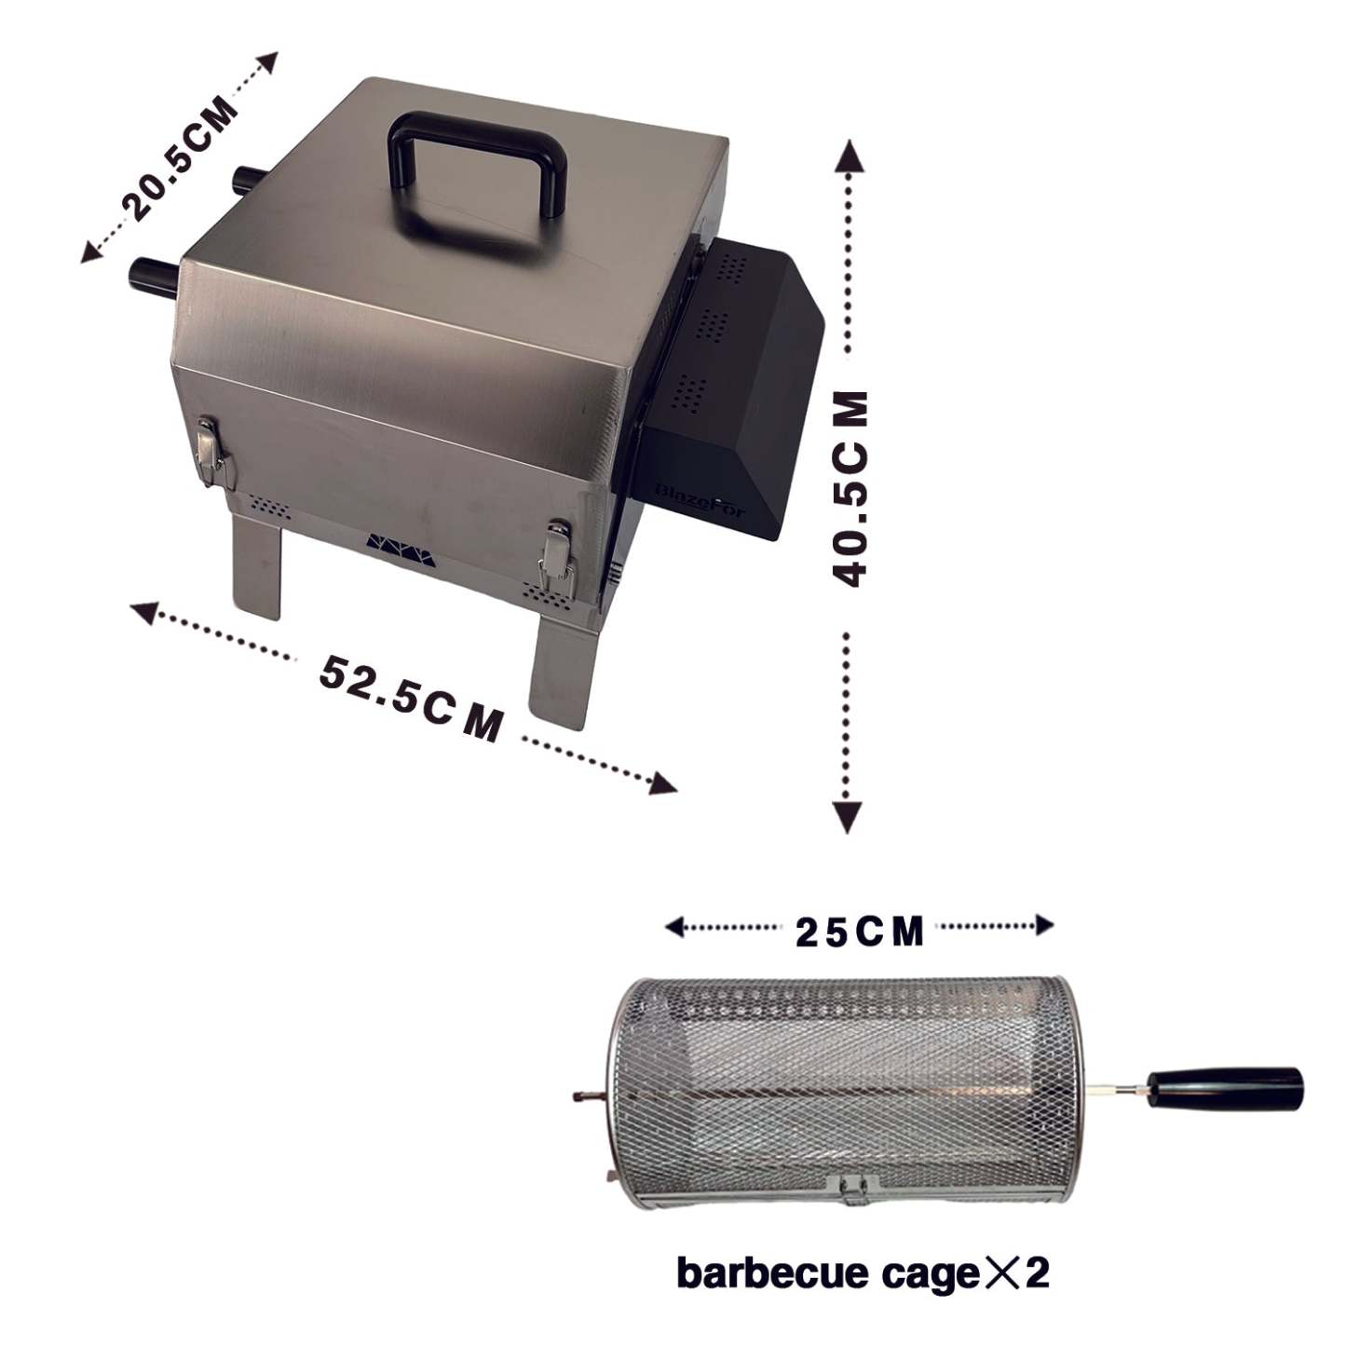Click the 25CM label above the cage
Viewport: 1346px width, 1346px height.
click(860, 931)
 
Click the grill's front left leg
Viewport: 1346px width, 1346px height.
click(257, 566)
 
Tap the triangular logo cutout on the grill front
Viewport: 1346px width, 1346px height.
click(399, 546)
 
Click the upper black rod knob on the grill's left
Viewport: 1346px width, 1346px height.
click(251, 180)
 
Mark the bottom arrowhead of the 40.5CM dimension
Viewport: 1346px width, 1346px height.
click(847, 816)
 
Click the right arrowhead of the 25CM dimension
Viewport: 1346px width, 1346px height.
click(1044, 925)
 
